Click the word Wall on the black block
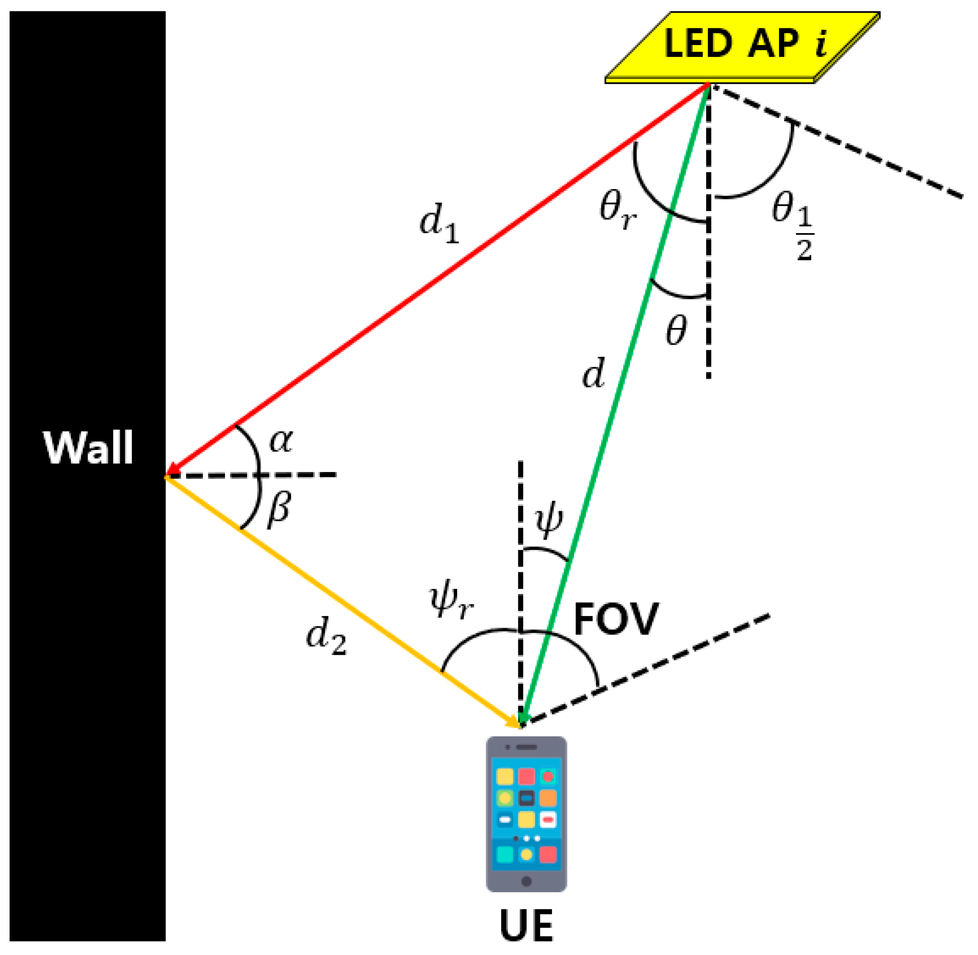click(88, 448)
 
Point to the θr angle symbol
click(617, 211)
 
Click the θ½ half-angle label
click(792, 226)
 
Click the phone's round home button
click(526, 881)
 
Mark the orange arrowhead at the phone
click(514, 722)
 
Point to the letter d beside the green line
click(594, 374)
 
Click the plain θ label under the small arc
click(675, 331)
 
